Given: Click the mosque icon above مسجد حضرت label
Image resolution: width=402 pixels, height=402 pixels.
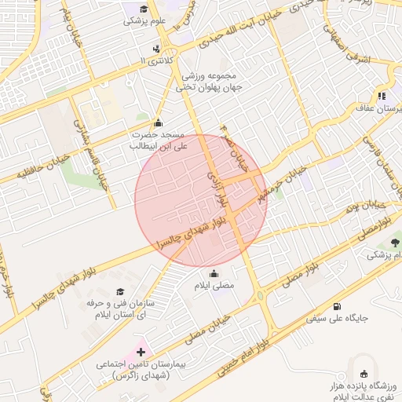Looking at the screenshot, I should point(158,122).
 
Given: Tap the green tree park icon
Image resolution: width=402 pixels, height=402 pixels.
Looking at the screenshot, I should point(371,255).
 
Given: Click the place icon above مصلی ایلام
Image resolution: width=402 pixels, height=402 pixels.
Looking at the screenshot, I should point(214,273).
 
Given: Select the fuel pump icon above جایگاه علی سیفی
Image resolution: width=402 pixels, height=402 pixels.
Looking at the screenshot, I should point(337,305).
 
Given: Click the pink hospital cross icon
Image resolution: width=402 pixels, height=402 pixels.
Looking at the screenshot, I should point(141,353).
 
